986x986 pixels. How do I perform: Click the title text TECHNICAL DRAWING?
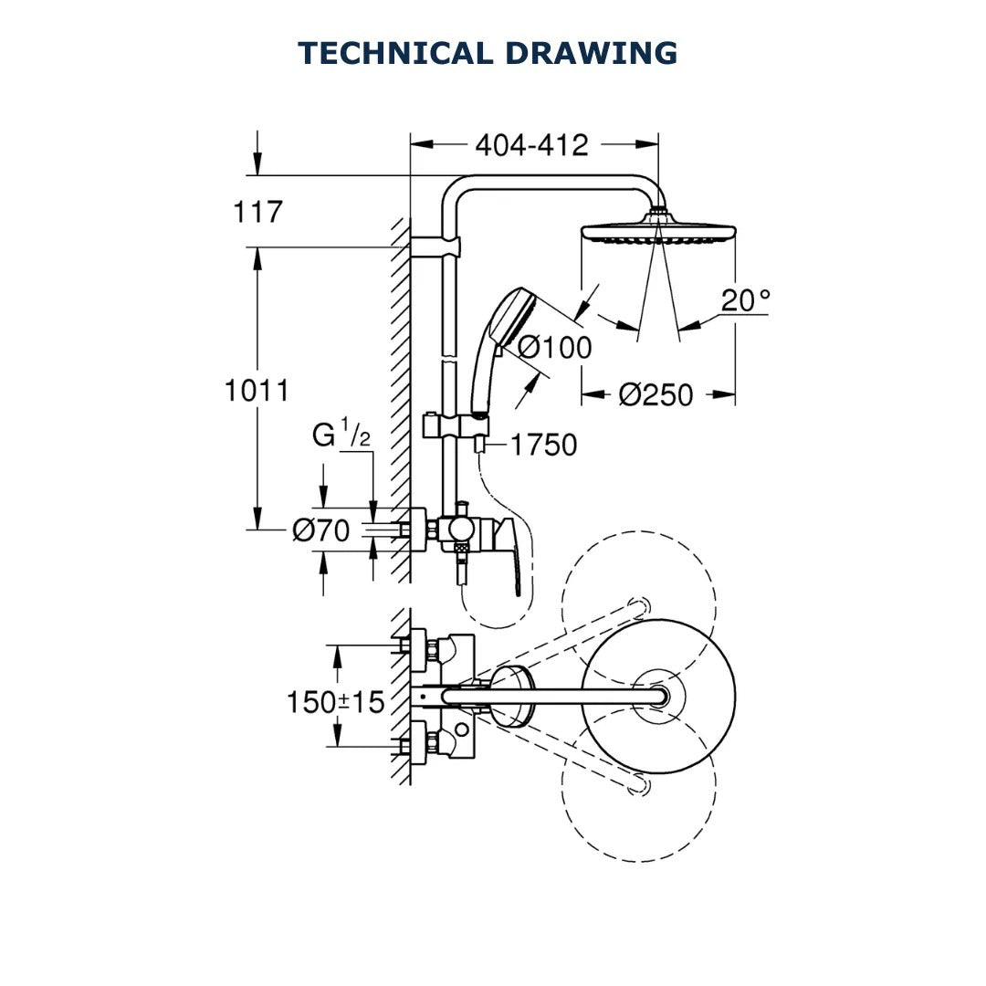point(488,53)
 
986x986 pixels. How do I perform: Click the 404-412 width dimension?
point(531,144)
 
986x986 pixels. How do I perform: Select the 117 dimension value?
point(258,213)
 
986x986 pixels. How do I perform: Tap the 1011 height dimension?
point(257,391)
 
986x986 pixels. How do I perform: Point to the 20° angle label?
point(745,300)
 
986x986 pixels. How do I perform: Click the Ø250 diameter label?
point(656,395)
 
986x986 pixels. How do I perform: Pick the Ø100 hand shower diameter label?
point(554,348)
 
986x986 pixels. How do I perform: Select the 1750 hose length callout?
point(543,446)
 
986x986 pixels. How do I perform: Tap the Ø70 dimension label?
point(320,530)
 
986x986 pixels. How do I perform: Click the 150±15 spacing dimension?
point(335,702)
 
